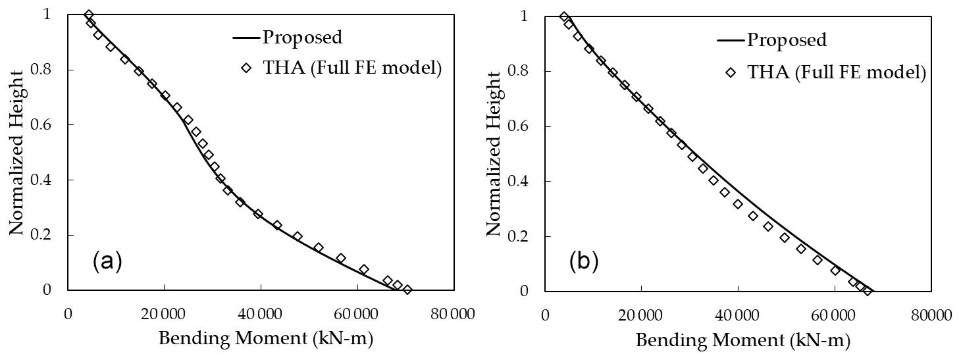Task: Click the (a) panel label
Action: click(x=107, y=261)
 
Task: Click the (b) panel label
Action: click(x=584, y=261)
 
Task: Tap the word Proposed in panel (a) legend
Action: click(x=302, y=37)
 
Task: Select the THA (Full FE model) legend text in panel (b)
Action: click(x=837, y=74)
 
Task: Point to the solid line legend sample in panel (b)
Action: click(x=730, y=41)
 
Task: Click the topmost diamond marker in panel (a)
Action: click(x=89, y=14)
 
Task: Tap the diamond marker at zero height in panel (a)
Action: click(x=407, y=290)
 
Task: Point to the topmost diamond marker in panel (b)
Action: click(x=564, y=16)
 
